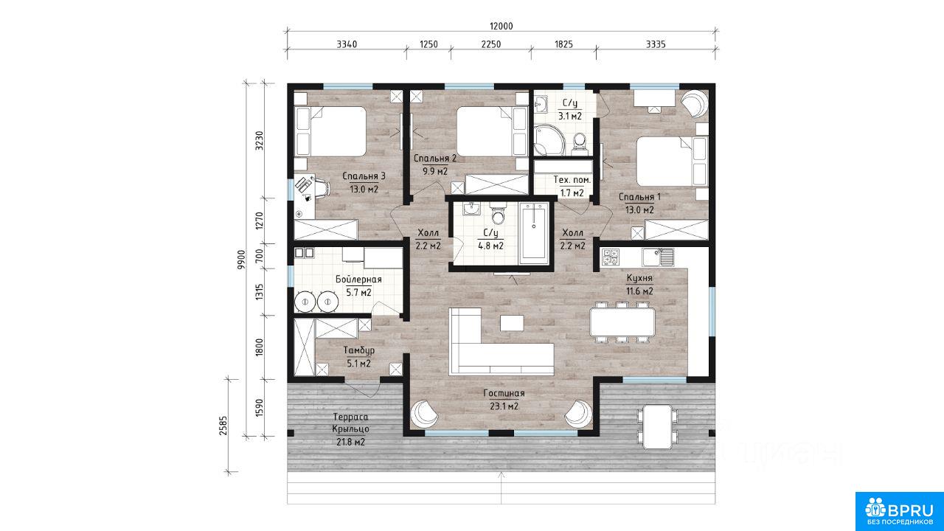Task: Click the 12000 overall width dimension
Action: pyautogui.click(x=501, y=26)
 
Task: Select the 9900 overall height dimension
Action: pyautogui.click(x=241, y=259)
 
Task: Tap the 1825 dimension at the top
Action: pyautogui.click(x=563, y=44)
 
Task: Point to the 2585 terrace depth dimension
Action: pyautogui.click(x=223, y=426)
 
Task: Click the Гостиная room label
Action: pyautogui.click(x=504, y=393)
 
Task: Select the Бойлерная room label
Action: pyautogui.click(x=358, y=280)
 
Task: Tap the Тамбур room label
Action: pyautogui.click(x=358, y=350)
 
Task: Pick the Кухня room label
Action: pyautogui.click(x=639, y=278)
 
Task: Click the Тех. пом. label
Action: pyautogui.click(x=572, y=180)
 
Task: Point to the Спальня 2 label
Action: pyautogui.click(x=435, y=159)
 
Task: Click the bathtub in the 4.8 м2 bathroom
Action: pyautogui.click(x=534, y=234)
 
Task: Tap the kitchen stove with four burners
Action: pyautogui.click(x=611, y=257)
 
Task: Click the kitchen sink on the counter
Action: pyautogui.click(x=658, y=257)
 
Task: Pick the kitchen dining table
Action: pyautogui.click(x=622, y=322)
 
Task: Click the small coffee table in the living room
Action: pyautogui.click(x=512, y=323)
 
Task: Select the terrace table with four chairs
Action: pyautogui.click(x=657, y=427)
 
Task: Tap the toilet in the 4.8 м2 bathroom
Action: pyautogui.click(x=498, y=214)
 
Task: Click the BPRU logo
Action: pyautogui.click(x=899, y=511)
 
